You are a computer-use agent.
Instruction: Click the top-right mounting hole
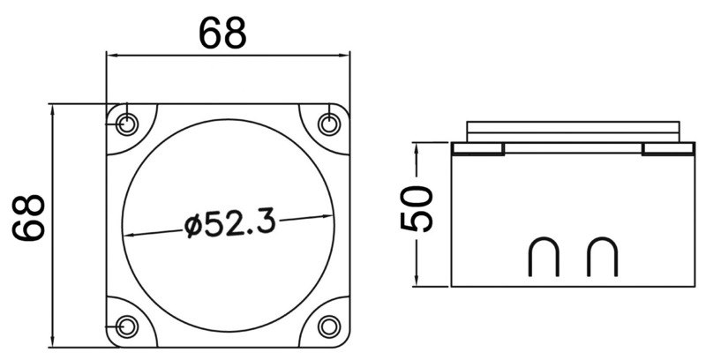(x=330, y=123)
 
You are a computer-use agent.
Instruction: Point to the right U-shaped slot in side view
(x=602, y=256)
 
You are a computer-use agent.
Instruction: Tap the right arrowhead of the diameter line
(x=336, y=215)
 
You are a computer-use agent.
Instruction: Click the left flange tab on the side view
(x=477, y=148)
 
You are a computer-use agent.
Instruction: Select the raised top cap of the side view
(x=574, y=129)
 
